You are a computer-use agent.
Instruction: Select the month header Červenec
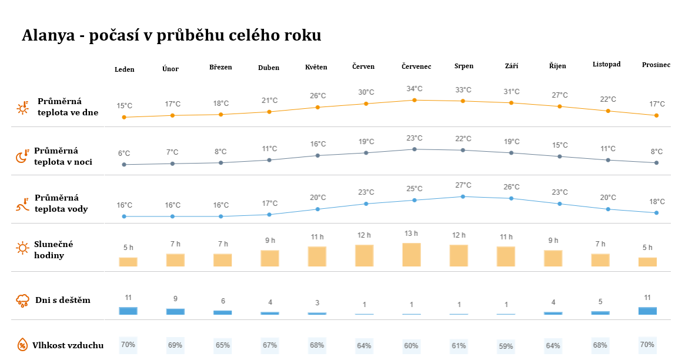(416, 66)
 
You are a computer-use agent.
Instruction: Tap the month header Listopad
(606, 64)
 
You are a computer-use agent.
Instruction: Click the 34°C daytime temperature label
(415, 89)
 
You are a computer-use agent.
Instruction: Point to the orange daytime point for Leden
(124, 117)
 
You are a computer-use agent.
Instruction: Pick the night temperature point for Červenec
(415, 149)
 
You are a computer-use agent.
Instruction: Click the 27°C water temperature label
(463, 185)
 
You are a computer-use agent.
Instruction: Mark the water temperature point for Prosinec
(656, 213)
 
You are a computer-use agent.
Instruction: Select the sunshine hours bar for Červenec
(412, 255)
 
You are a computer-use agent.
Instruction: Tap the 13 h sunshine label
(412, 234)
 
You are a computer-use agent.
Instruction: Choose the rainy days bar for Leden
(128, 311)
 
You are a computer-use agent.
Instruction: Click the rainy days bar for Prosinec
(647, 311)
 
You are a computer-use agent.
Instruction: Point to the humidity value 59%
(506, 346)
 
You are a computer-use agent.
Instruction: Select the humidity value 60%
(412, 346)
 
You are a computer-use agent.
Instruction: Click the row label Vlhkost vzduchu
(68, 345)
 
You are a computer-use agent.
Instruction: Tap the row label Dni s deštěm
(63, 300)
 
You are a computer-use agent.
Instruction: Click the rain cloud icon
(22, 301)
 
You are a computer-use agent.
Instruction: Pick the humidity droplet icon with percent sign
(22, 345)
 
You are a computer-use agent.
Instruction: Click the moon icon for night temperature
(22, 156)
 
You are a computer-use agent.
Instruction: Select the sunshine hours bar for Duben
(270, 258)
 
